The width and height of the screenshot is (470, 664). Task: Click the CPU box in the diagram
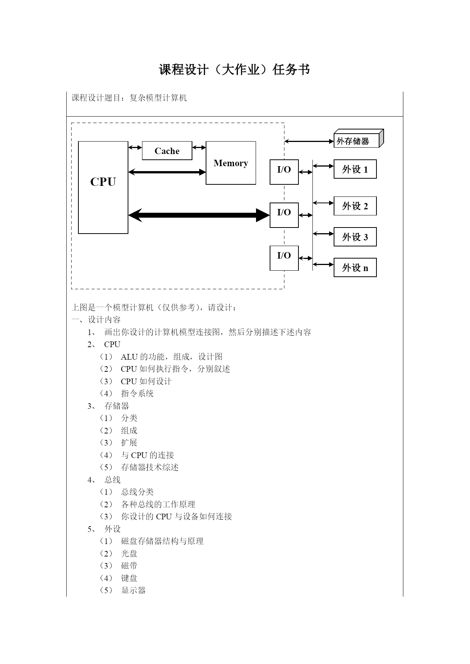[103, 187]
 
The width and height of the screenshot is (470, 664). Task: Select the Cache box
[167, 151]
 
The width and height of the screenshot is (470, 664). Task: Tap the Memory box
[231, 163]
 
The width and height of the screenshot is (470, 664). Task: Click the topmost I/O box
[284, 172]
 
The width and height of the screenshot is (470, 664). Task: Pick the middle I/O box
[284, 215]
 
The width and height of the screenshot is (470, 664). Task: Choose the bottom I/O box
[284, 258]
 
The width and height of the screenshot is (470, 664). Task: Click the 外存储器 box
[359, 139]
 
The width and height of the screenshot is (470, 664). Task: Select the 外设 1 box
[355, 169]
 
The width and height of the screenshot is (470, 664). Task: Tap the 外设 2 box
[355, 206]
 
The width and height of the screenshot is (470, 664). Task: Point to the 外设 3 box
[355, 237]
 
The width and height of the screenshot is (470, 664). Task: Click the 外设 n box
[355, 268]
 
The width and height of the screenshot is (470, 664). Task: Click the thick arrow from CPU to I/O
[199, 215]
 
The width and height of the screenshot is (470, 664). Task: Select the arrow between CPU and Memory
[167, 172]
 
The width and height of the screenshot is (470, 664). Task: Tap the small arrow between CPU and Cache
[135, 148]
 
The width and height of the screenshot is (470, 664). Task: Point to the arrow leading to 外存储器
[309, 141]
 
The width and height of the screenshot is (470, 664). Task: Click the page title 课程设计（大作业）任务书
[235, 70]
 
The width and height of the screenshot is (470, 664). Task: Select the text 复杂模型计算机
[158, 98]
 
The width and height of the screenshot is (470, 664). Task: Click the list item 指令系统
[137, 394]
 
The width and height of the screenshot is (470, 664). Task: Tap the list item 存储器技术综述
[150, 468]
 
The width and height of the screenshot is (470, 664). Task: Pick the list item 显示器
[133, 591]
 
